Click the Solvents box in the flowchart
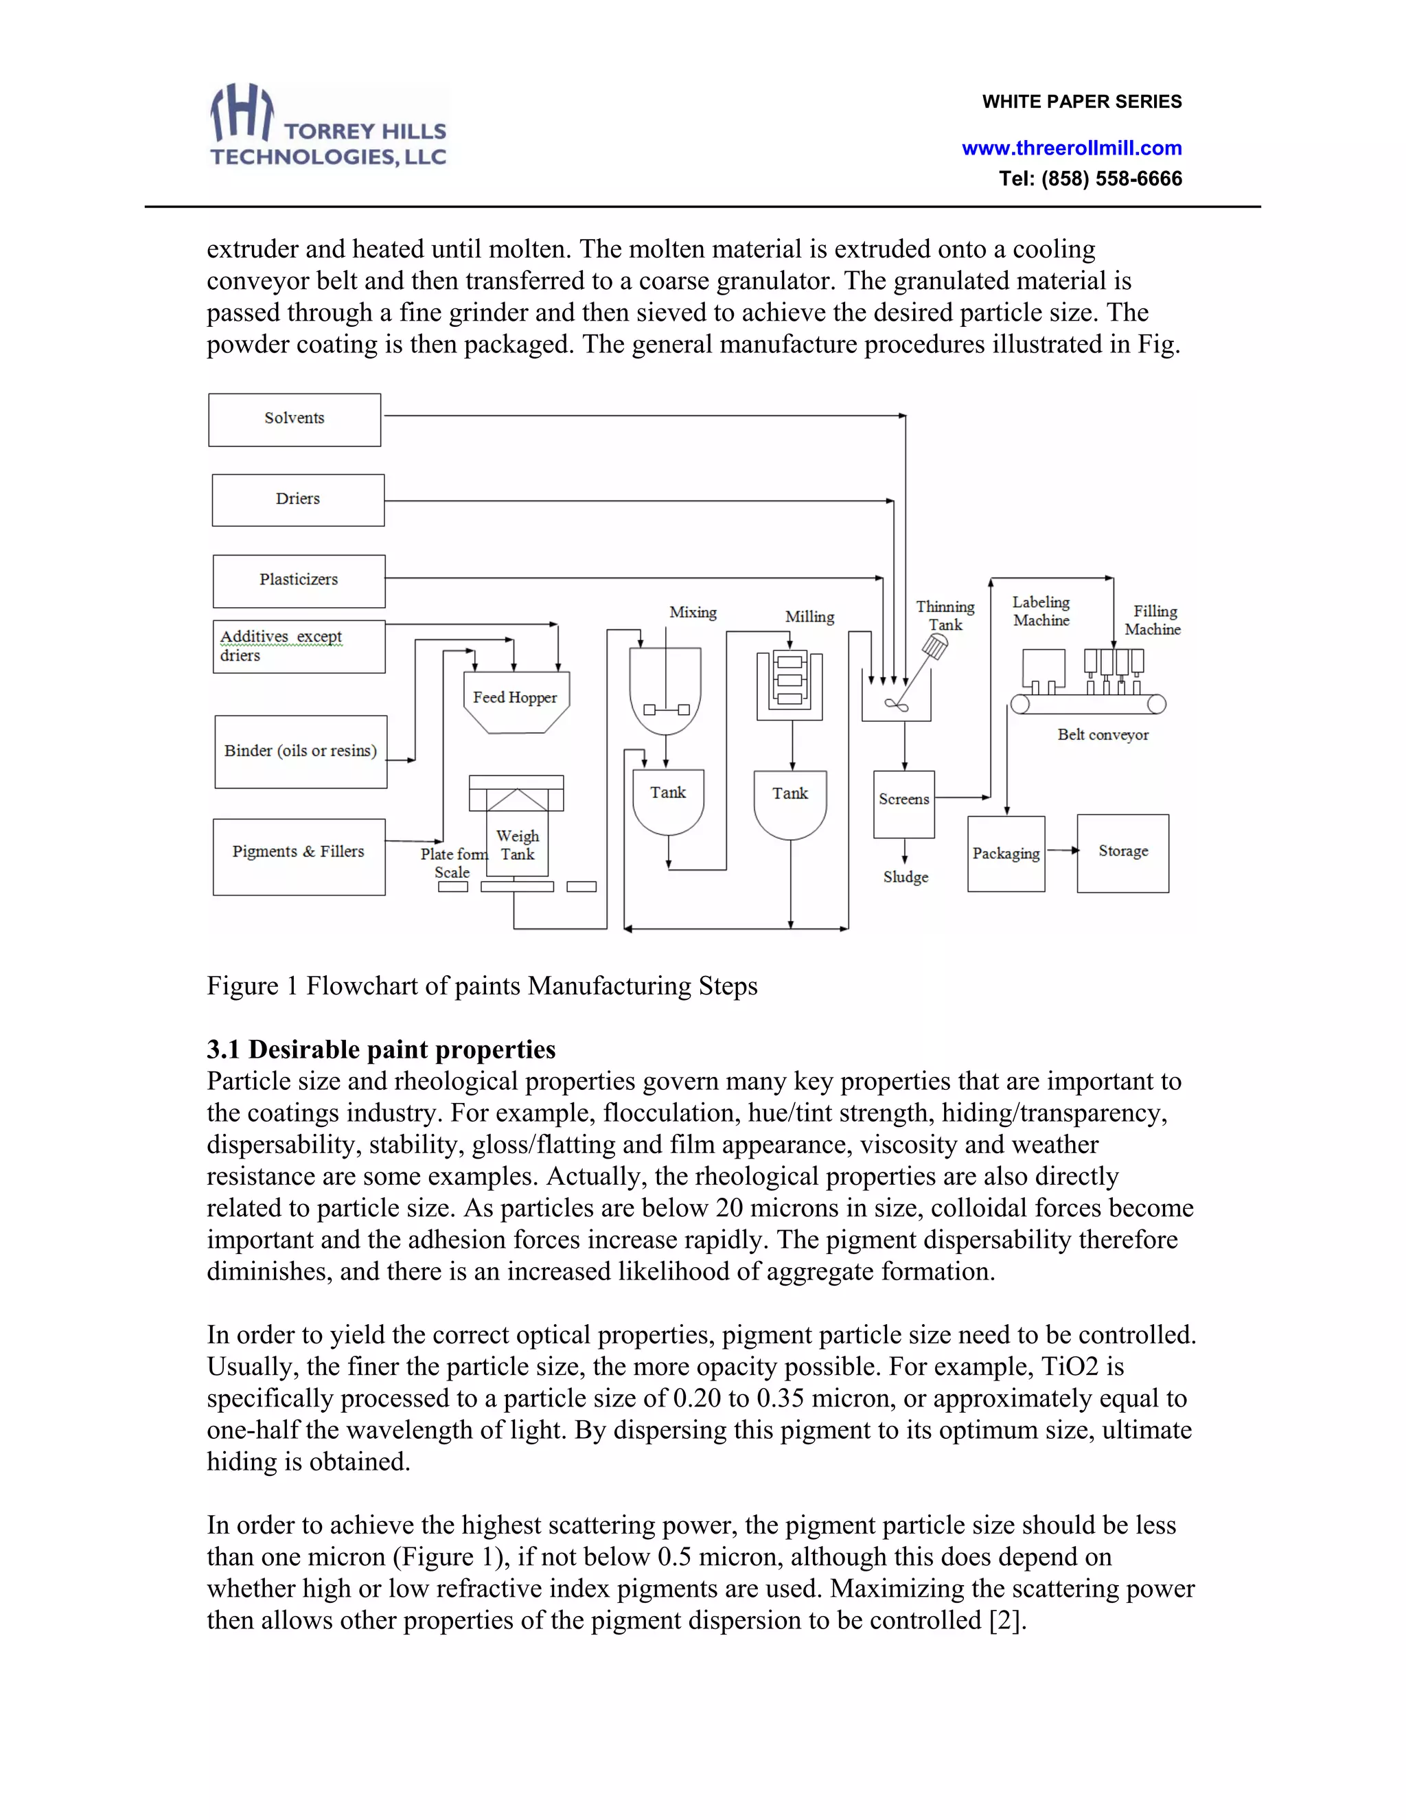click(294, 419)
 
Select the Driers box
click(297, 500)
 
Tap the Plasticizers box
click(298, 581)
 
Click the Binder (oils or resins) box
click(300, 751)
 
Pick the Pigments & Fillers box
click(298, 856)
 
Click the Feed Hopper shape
click(515, 699)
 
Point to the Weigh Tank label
click(517, 844)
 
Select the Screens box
click(903, 802)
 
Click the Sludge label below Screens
click(906, 876)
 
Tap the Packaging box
click(1005, 853)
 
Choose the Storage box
click(1122, 852)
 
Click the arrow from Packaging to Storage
click(1061, 850)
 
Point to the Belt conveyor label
click(1102, 734)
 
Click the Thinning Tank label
click(945, 615)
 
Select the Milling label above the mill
click(809, 617)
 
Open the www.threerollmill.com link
click(1071, 148)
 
